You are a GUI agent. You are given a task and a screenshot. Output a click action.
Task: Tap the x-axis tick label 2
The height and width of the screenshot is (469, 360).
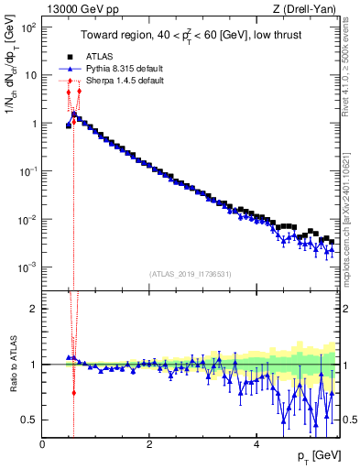(x=149, y=444)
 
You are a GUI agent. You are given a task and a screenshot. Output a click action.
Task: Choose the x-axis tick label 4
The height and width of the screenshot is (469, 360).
(x=256, y=444)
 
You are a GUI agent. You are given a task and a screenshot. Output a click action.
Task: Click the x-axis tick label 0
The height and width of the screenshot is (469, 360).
(x=43, y=444)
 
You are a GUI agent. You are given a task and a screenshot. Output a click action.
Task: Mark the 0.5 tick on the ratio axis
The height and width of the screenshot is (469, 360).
(x=29, y=420)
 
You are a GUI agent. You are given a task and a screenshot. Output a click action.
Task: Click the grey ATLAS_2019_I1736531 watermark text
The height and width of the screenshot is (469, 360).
(x=191, y=274)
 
